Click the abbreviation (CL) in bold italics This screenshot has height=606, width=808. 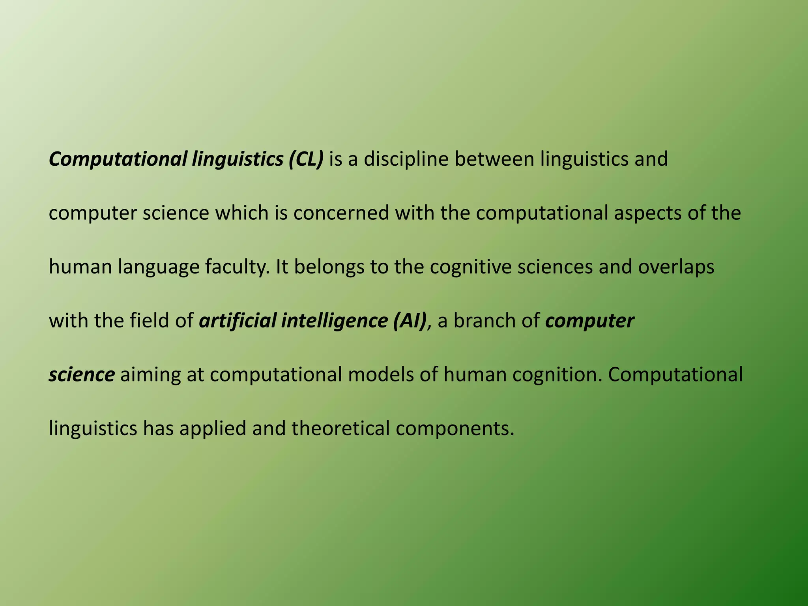pos(305,159)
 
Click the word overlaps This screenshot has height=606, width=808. pos(676,267)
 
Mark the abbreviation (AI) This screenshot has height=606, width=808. pos(410,321)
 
